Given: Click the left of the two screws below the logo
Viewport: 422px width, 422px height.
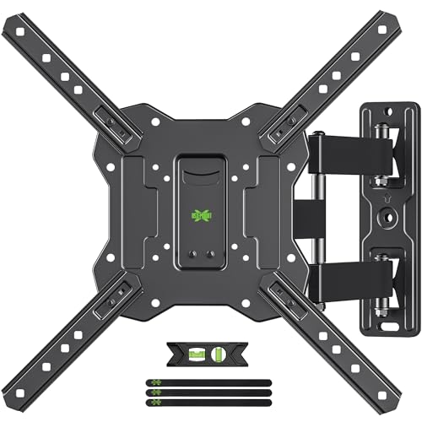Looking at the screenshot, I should click(x=190, y=252).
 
